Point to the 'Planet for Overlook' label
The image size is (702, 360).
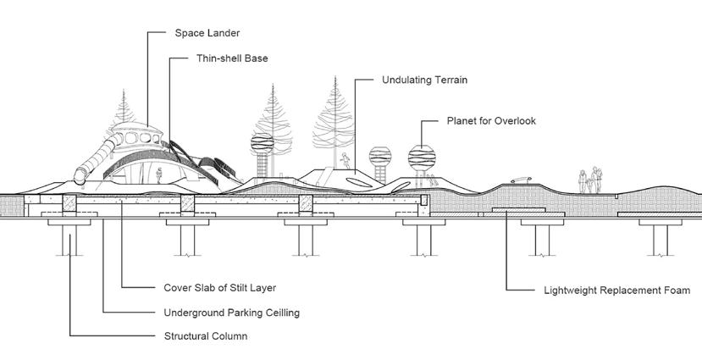coord(491,121)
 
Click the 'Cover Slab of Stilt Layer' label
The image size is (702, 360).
coord(219,287)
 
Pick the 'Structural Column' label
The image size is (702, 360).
coord(205,336)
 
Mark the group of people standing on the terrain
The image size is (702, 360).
coord(591,181)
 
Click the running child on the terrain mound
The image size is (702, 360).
coord(345,160)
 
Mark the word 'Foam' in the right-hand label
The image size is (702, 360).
coord(687,290)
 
